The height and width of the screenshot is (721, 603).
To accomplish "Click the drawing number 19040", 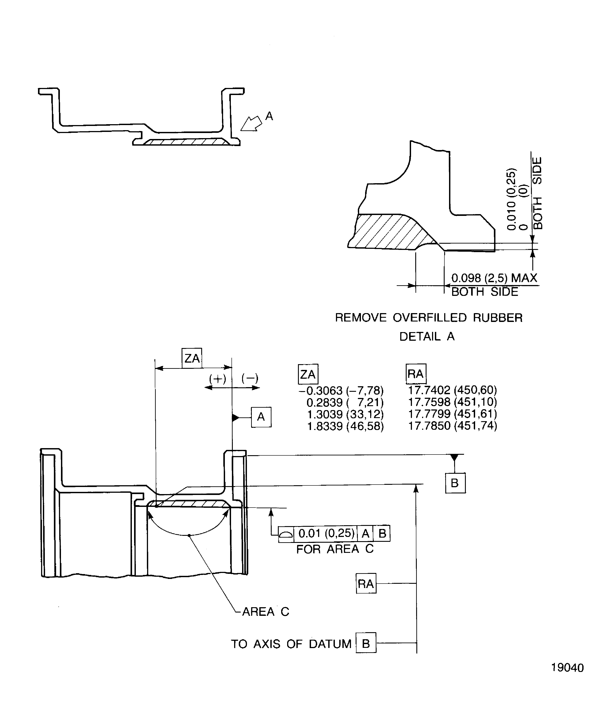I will click(x=567, y=668).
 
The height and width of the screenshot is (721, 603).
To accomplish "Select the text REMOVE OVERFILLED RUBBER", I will click(x=428, y=318).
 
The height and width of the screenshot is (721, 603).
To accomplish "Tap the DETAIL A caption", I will click(x=427, y=336).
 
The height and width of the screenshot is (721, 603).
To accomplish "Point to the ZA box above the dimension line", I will click(x=192, y=358).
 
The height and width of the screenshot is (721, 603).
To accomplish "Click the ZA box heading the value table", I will click(x=308, y=374).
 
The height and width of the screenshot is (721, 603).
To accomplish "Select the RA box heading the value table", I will click(x=416, y=374).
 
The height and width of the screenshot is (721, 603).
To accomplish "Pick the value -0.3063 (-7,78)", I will click(x=341, y=390).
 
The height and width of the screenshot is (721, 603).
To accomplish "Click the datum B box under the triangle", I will click(x=455, y=483).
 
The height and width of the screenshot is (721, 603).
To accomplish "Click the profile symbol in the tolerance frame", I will click(x=286, y=534).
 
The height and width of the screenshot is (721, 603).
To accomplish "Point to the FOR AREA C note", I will click(x=335, y=549).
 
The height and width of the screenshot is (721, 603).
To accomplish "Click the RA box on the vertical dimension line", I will click(x=366, y=583).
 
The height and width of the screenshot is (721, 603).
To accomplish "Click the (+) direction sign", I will click(x=218, y=379).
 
